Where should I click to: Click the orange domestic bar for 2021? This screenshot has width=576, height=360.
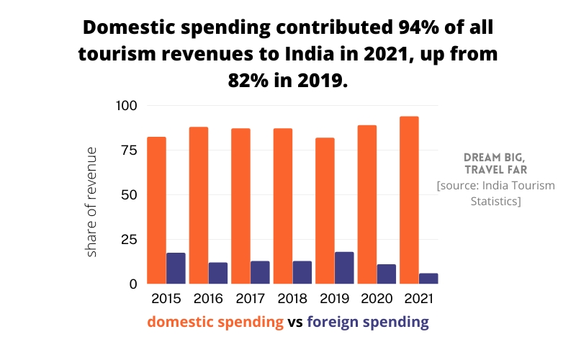pos(409,200)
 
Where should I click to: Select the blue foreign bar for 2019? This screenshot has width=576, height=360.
pos(344,268)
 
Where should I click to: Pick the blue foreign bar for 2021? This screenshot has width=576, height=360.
pos(428,279)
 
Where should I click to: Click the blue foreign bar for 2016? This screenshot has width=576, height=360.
pos(217,273)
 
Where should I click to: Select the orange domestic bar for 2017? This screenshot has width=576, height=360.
pos(240,206)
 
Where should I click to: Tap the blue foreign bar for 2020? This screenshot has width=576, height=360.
pos(387,274)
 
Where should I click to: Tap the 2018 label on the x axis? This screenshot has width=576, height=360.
pos(292,297)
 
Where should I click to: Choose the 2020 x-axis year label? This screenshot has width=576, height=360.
pos(377,297)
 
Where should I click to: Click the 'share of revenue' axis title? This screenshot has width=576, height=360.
pos(92,202)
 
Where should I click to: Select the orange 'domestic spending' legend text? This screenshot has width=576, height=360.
pos(215,322)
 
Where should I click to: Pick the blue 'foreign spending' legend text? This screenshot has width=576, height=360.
pos(368,322)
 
